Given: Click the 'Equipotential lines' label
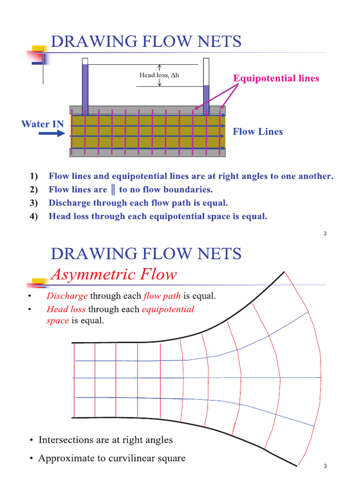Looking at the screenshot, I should pos(276,78).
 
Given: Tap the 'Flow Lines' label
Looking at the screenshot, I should pos(258,132).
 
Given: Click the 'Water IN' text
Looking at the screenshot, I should pos(43,124).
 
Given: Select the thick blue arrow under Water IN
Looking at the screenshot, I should pos(52,134).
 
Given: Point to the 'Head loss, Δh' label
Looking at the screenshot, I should pos(159,75).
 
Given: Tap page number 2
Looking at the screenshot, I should pos(325,234).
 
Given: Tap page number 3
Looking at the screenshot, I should pos(325,466).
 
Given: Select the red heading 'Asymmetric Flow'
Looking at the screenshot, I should pos(113,274).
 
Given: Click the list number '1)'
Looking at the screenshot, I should pos(33,177).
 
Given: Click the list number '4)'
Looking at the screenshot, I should pos(33,217).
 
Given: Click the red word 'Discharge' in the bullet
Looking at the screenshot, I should pos(67,296).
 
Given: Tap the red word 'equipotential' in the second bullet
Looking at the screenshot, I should pos(167,309).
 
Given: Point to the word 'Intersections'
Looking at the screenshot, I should pos(66,440).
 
